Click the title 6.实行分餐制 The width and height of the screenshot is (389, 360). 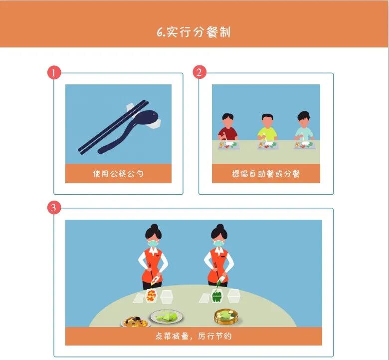pos(194,32)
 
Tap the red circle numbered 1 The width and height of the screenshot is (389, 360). pos(54,72)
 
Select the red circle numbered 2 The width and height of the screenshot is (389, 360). pos(199,72)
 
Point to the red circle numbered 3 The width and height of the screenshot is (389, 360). pos(54,207)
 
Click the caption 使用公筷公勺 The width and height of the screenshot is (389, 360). pos(118,173)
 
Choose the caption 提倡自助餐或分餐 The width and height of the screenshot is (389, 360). pos(266,174)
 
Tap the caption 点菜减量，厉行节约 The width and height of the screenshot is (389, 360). pos(194,336)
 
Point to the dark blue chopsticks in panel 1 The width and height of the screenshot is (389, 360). pos(113,127)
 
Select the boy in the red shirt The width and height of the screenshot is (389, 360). pos(228,127)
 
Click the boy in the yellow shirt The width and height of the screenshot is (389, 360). pos(267,128)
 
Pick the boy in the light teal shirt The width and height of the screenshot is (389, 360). pos(304,126)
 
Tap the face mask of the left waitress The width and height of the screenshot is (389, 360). pos(153,243)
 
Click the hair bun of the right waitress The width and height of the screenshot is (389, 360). pos(220,226)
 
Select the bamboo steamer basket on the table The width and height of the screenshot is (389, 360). pos(226,317)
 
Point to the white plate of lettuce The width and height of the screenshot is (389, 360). pos(166,317)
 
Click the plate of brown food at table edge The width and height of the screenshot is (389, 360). pos(136,322)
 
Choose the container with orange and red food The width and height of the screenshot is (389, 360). pos(151,296)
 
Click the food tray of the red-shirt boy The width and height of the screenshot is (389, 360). pos(229,145)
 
